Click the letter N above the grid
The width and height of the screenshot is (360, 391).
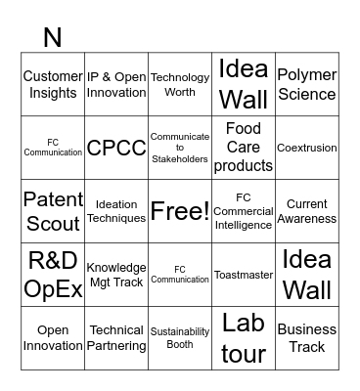[52, 37]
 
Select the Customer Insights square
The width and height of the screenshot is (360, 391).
[52, 84]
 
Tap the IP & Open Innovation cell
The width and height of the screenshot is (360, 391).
[115, 84]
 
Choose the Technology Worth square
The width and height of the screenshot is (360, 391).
[179, 84]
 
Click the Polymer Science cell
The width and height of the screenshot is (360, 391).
[306, 84]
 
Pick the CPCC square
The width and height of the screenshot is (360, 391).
[115, 148]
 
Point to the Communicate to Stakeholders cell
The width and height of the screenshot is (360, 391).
[179, 148]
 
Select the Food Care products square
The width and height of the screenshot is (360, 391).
[243, 148]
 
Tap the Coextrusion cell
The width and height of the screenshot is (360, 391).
[306, 148]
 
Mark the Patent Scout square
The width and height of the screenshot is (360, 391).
[52, 211]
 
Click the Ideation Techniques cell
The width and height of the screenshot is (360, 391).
[115, 211]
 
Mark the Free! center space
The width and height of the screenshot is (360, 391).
[179, 211]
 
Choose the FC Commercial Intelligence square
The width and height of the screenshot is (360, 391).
[243, 211]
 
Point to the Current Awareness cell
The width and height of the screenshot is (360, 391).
[306, 211]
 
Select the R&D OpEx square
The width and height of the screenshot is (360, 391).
[52, 275]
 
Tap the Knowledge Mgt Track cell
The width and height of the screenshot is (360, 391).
[115, 275]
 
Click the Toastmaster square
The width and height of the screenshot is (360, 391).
[243, 275]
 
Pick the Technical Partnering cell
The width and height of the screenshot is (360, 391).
[115, 338]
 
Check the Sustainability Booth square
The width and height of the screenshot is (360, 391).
[179, 338]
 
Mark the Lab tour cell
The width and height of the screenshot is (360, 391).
[243, 338]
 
